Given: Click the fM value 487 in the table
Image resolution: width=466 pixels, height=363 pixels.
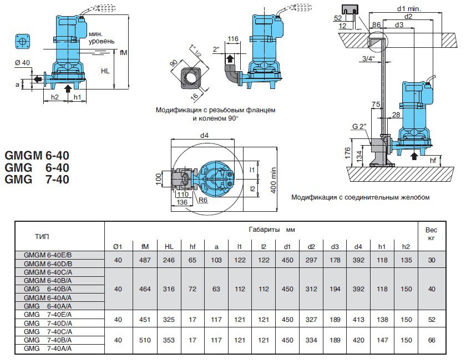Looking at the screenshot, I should click(x=145, y=259).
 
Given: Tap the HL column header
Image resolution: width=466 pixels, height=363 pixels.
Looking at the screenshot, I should click(x=169, y=246).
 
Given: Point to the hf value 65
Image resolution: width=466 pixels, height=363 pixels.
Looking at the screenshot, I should click(x=193, y=259).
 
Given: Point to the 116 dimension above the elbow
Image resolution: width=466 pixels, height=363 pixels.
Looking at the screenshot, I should click(x=233, y=38).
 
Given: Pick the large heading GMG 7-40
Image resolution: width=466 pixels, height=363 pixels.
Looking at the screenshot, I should click(x=37, y=180).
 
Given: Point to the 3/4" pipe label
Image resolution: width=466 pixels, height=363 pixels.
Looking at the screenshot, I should click(x=367, y=58).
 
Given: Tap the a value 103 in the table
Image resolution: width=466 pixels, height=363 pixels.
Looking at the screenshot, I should click(x=216, y=259).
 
